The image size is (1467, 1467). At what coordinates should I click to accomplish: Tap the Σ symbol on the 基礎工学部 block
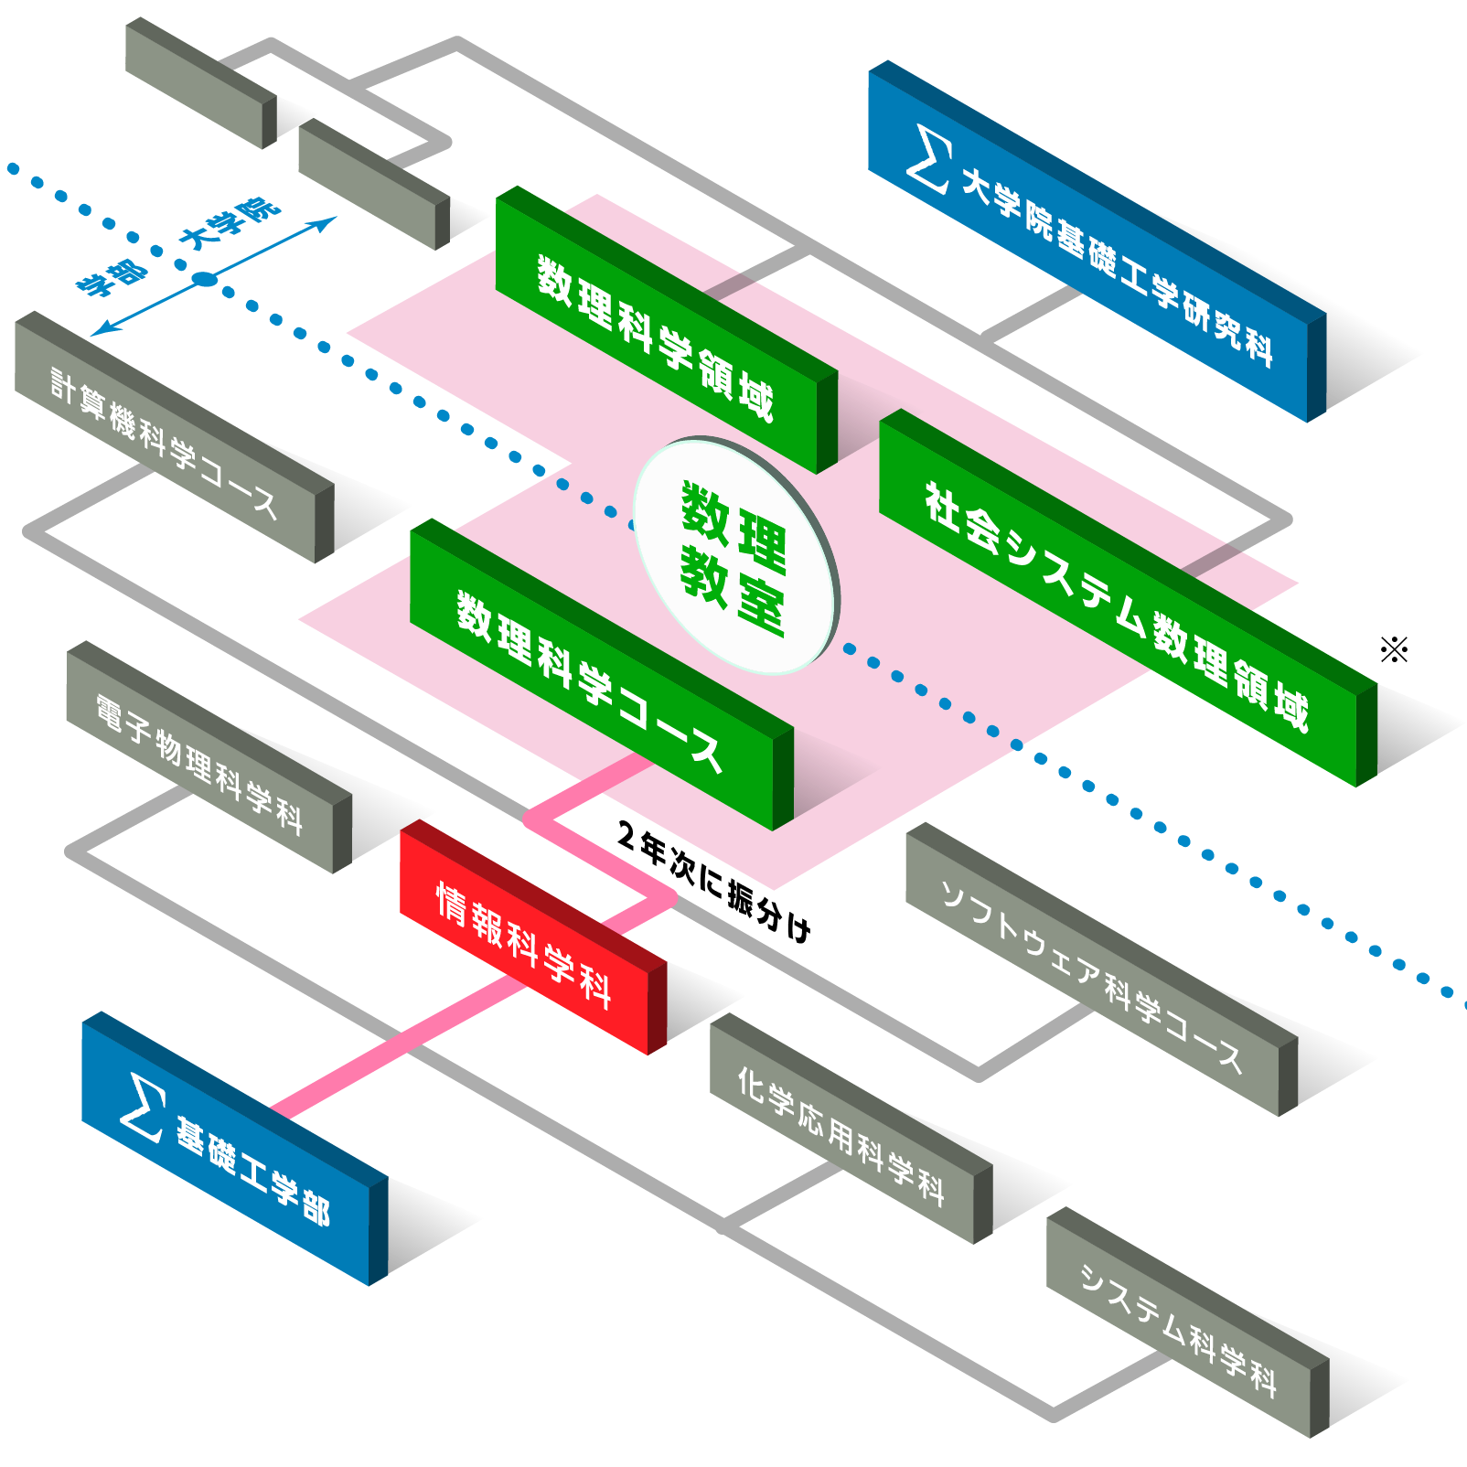pos(145,1108)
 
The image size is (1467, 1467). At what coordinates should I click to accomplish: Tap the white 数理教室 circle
pos(733,556)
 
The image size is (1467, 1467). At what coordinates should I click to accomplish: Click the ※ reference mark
pos(1394,650)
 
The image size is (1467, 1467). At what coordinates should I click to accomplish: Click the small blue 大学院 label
pos(229,223)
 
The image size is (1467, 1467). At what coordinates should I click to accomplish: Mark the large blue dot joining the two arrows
pos(205,280)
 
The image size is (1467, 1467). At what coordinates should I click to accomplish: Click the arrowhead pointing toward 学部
pos(99,331)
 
